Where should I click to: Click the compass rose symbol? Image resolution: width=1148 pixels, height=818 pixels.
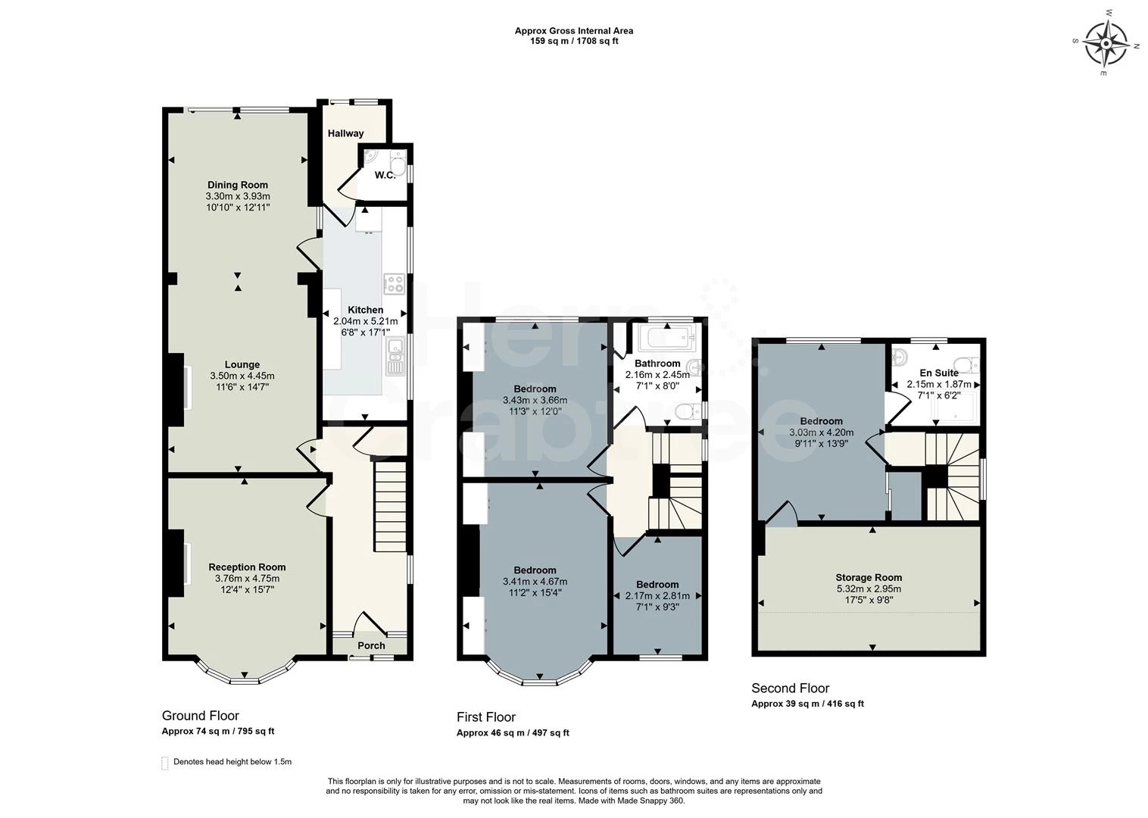1106,43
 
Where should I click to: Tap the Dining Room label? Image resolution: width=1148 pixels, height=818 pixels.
238,185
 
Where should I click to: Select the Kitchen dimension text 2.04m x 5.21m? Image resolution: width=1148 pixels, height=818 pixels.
365,321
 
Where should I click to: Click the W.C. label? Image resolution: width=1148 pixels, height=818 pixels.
385,176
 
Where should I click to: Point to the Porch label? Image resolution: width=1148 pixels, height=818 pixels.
371,646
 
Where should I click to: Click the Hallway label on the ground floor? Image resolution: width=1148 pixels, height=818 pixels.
345,133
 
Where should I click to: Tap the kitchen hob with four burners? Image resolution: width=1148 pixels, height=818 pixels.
395,283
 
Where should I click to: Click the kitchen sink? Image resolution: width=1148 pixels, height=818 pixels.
395,357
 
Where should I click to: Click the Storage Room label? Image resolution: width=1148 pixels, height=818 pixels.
869,577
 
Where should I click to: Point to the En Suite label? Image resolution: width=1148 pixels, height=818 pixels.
939,373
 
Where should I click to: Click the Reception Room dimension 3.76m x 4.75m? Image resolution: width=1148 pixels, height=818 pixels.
247,579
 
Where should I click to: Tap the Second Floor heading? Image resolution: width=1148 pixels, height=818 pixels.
790,688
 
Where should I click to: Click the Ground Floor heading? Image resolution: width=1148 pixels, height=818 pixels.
200,716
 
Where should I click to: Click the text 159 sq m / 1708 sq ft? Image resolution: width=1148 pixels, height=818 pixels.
574,42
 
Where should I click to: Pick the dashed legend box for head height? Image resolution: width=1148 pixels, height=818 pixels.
165,763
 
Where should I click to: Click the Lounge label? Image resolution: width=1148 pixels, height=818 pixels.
242,364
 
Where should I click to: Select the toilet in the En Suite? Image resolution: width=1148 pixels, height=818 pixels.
969,363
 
